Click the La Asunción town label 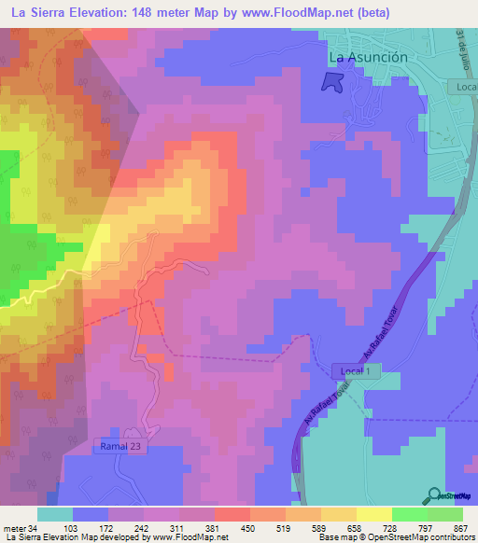click(369, 57)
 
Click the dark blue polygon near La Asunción click(331, 82)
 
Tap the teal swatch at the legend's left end click(54, 514)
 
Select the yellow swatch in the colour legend click(374, 514)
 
